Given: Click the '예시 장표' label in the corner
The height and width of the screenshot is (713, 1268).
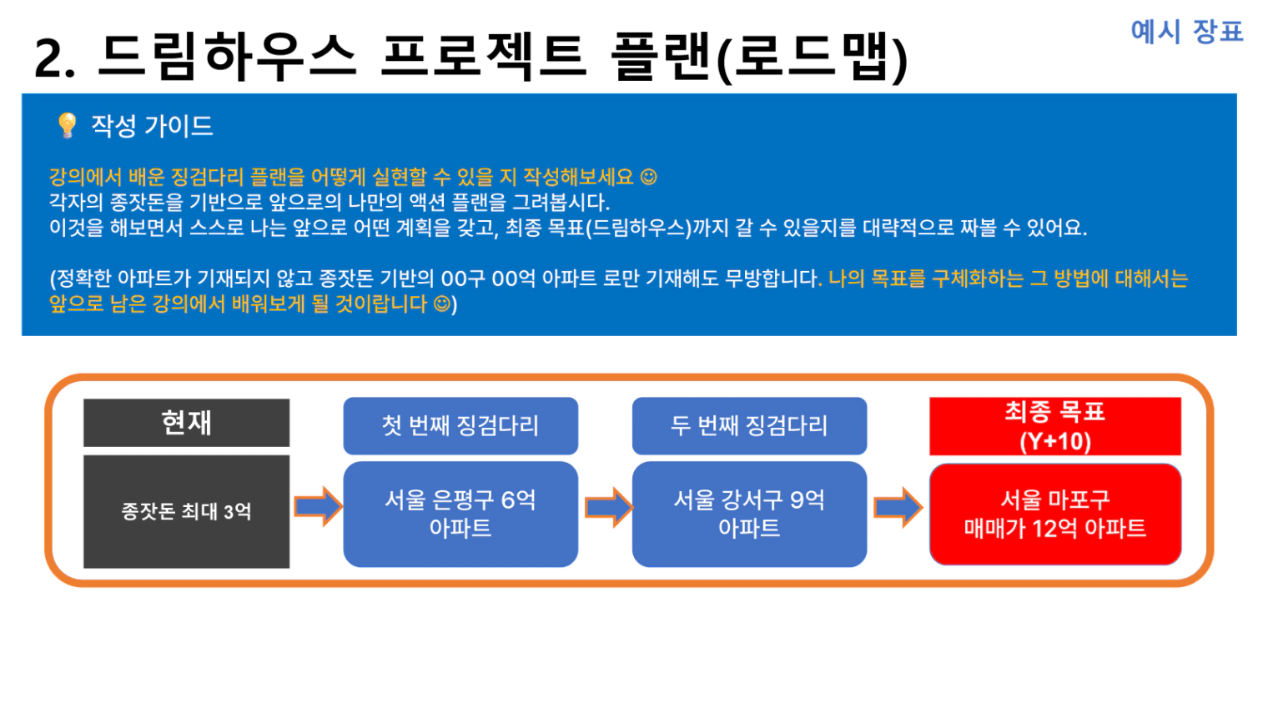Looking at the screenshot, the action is (x=1186, y=31).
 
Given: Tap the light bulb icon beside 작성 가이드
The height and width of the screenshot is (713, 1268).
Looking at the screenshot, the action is (x=67, y=125).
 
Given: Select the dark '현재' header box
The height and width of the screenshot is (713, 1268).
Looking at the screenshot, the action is (x=186, y=423).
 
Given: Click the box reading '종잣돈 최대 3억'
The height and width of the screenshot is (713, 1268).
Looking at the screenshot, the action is (x=186, y=511).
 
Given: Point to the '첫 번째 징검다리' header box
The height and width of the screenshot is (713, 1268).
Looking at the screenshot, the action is (x=460, y=425).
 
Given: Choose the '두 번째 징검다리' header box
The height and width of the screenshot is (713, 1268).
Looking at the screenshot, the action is (x=749, y=425).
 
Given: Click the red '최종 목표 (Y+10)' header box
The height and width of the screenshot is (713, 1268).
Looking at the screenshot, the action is (x=1055, y=426).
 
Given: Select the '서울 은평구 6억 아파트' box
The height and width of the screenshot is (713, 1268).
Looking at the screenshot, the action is (x=460, y=514).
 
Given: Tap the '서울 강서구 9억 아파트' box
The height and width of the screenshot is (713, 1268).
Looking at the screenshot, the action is (x=749, y=514).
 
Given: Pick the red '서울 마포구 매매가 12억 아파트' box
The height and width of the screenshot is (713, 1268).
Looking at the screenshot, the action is (x=1055, y=514).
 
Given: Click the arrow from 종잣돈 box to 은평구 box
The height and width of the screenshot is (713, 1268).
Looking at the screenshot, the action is (x=318, y=506).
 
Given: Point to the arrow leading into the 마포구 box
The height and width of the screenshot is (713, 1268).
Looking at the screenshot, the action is (x=898, y=507).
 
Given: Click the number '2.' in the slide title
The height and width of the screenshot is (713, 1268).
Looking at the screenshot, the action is (x=54, y=58).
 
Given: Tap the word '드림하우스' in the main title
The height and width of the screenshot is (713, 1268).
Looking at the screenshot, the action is (x=226, y=55).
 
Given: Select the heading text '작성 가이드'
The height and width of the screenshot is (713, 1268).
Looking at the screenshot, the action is (x=152, y=126).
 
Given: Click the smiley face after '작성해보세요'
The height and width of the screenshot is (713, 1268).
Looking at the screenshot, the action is (x=649, y=177).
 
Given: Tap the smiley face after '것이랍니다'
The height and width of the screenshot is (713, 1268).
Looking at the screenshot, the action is (x=442, y=304).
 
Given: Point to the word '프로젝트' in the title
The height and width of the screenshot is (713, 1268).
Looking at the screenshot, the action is (x=484, y=55).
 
